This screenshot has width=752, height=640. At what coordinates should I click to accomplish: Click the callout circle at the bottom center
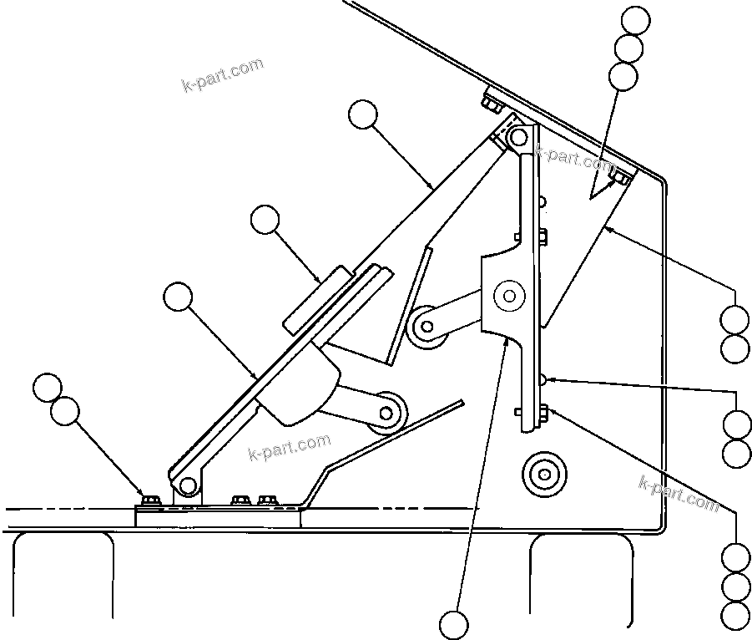click(456, 623)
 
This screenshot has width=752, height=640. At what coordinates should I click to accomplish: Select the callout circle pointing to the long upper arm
click(363, 114)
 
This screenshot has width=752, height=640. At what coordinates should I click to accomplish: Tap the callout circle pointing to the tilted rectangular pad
click(265, 220)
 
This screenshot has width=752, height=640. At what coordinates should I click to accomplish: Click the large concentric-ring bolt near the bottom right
click(543, 475)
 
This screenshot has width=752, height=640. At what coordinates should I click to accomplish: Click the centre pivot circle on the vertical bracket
click(507, 294)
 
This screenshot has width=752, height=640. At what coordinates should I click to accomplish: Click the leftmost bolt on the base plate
click(151, 500)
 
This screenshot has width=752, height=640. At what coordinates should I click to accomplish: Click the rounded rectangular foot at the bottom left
click(63, 577)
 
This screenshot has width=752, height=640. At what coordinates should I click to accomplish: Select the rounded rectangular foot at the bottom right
click(581, 577)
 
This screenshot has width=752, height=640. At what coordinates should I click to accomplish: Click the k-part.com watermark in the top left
click(222, 74)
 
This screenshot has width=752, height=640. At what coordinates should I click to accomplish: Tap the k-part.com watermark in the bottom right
click(678, 493)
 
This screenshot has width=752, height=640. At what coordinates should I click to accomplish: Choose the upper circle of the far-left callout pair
click(48, 388)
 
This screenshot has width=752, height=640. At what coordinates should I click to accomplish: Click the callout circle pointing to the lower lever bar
click(178, 296)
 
